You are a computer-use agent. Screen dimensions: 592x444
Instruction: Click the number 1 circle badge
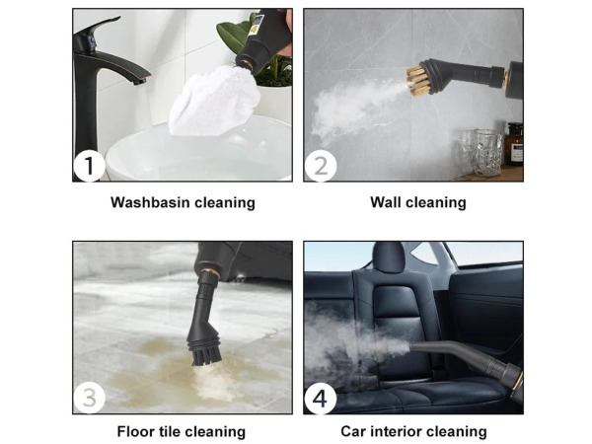click(x=89, y=166)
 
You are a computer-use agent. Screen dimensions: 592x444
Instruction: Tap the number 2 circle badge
click(x=321, y=166)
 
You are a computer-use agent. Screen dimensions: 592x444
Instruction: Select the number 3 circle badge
click(x=89, y=399)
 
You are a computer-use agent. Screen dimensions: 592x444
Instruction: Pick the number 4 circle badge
click(x=321, y=399)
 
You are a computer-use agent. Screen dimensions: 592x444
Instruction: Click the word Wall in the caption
click(x=384, y=202)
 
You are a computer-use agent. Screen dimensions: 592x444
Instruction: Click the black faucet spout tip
click(x=140, y=81)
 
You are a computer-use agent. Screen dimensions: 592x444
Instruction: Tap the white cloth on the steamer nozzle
click(x=214, y=102)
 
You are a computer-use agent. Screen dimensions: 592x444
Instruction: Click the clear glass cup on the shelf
click(x=488, y=152)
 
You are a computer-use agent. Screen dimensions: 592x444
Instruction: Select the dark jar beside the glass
click(x=515, y=144)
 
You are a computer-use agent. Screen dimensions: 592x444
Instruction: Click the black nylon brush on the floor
click(x=206, y=355)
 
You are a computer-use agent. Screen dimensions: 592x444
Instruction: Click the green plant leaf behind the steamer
click(x=232, y=36)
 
